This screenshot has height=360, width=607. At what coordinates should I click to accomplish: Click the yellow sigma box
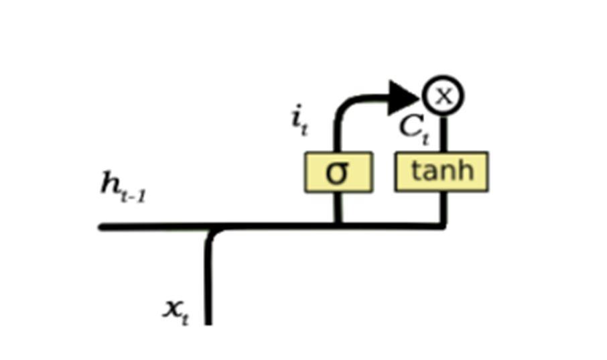[x=338, y=172]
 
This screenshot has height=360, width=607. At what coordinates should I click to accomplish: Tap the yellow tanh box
[x=442, y=172]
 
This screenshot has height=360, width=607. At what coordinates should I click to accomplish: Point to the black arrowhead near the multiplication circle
[x=404, y=98]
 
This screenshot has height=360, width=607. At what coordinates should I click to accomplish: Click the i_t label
[x=299, y=120]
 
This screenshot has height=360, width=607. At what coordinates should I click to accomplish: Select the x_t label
[x=176, y=310]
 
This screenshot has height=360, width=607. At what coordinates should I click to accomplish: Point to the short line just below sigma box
[x=338, y=208]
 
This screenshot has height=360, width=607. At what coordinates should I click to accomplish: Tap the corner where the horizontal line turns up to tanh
[x=442, y=226]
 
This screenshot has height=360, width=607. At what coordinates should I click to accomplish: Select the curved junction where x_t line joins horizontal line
[x=213, y=232]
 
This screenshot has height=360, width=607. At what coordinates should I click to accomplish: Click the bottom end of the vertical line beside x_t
[x=208, y=322]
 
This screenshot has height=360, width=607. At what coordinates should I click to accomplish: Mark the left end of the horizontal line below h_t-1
[x=103, y=227]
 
